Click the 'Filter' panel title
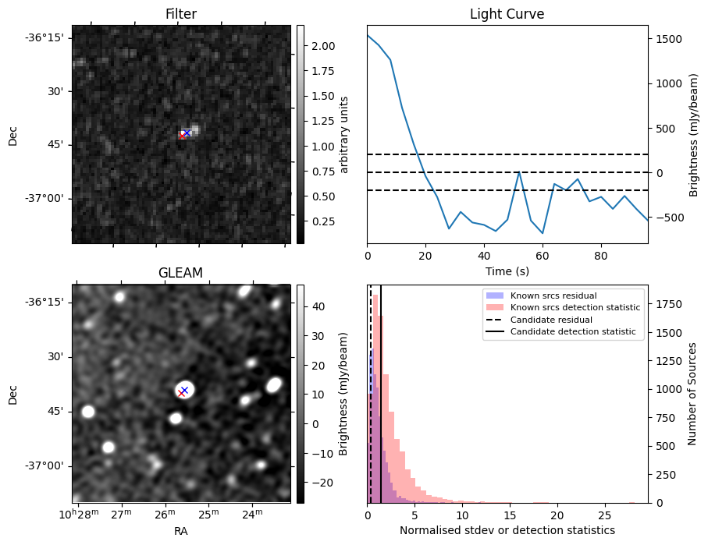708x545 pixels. (181, 14)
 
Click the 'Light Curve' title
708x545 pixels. (507, 14)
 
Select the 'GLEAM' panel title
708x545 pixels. (180, 273)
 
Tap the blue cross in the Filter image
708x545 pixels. (187, 133)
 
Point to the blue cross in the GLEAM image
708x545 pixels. (184, 390)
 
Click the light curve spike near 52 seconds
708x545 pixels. (519, 172)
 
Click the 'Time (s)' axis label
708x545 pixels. (507, 270)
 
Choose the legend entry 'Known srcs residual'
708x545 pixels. (542, 296)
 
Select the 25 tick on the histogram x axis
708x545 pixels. (604, 515)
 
